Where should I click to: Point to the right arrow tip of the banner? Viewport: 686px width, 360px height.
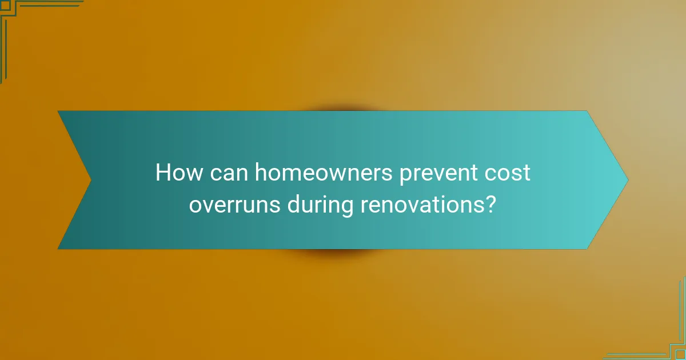[627, 180]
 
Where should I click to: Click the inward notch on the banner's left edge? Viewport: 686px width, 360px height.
[91, 180]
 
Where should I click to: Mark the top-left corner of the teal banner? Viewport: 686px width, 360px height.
[58, 111]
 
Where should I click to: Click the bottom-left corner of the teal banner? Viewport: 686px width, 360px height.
[58, 249]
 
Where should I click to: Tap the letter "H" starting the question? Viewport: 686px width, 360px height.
[162, 173]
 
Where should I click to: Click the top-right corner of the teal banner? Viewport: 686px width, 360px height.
[587, 111]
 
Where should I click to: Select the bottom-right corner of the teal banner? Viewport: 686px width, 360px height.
[587, 249]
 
